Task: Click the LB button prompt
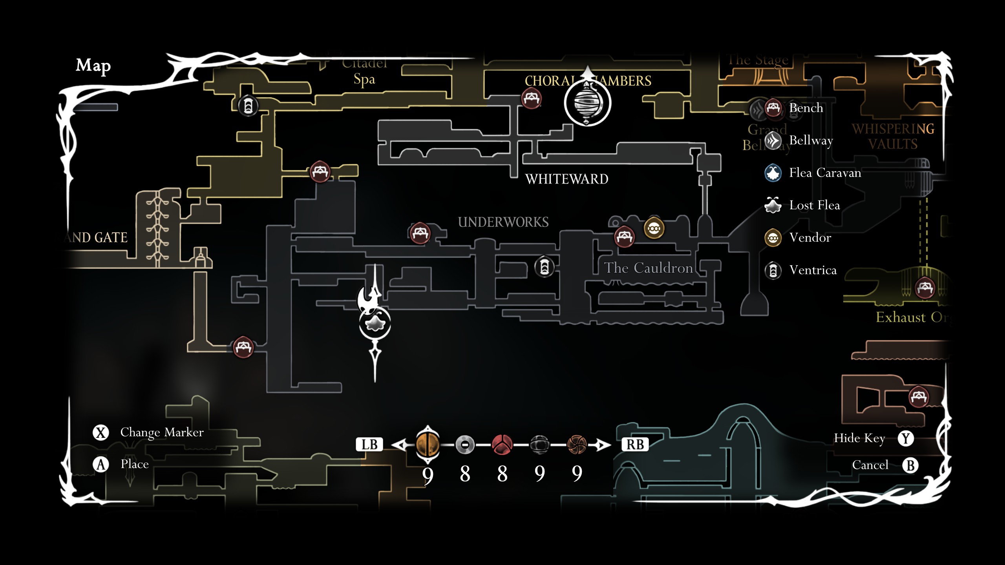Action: pyautogui.click(x=369, y=445)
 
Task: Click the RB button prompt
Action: pyautogui.click(x=635, y=445)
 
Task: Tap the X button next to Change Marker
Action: pyautogui.click(x=101, y=432)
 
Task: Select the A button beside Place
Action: pyautogui.click(x=101, y=465)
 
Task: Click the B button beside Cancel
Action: pyautogui.click(x=910, y=465)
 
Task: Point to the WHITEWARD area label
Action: pyautogui.click(x=566, y=179)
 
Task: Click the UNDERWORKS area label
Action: pyautogui.click(x=503, y=222)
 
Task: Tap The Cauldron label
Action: pyautogui.click(x=648, y=268)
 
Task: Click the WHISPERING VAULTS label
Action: pyautogui.click(x=893, y=137)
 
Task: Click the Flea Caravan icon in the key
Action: pyautogui.click(x=773, y=173)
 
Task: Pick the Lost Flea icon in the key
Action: pyautogui.click(x=773, y=205)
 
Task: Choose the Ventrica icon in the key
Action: pyautogui.click(x=773, y=270)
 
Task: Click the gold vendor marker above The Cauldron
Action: pyautogui.click(x=654, y=228)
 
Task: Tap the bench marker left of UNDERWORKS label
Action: pyautogui.click(x=420, y=233)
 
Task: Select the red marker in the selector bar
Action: pyautogui.click(x=502, y=445)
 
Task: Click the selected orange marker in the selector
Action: pyautogui.click(x=428, y=445)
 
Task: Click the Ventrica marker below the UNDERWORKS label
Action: pyautogui.click(x=544, y=267)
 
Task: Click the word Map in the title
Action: pyautogui.click(x=93, y=66)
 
